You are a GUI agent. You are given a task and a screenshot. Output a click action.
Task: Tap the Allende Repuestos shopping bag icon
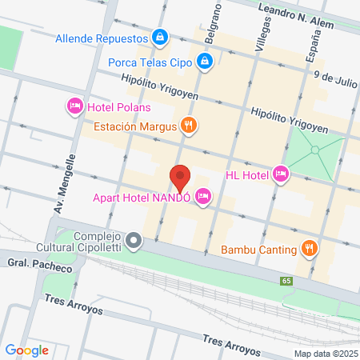click(x=161, y=37)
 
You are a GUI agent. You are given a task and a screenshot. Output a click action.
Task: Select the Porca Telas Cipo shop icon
click(x=206, y=60)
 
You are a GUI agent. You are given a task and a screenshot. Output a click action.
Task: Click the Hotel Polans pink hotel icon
click(x=74, y=105)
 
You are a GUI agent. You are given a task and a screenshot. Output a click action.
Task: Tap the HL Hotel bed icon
click(x=280, y=173)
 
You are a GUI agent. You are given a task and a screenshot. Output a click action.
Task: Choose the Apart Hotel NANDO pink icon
click(x=203, y=194)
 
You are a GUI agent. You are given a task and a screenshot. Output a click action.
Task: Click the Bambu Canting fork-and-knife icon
click(x=309, y=248)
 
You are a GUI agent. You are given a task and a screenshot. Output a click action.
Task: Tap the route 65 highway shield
click(x=286, y=281)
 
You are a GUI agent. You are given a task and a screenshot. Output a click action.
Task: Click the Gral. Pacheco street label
click(x=30, y=262)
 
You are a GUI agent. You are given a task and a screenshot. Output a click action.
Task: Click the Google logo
click(x=26, y=350)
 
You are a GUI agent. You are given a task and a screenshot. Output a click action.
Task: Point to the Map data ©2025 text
click(x=324, y=354)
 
